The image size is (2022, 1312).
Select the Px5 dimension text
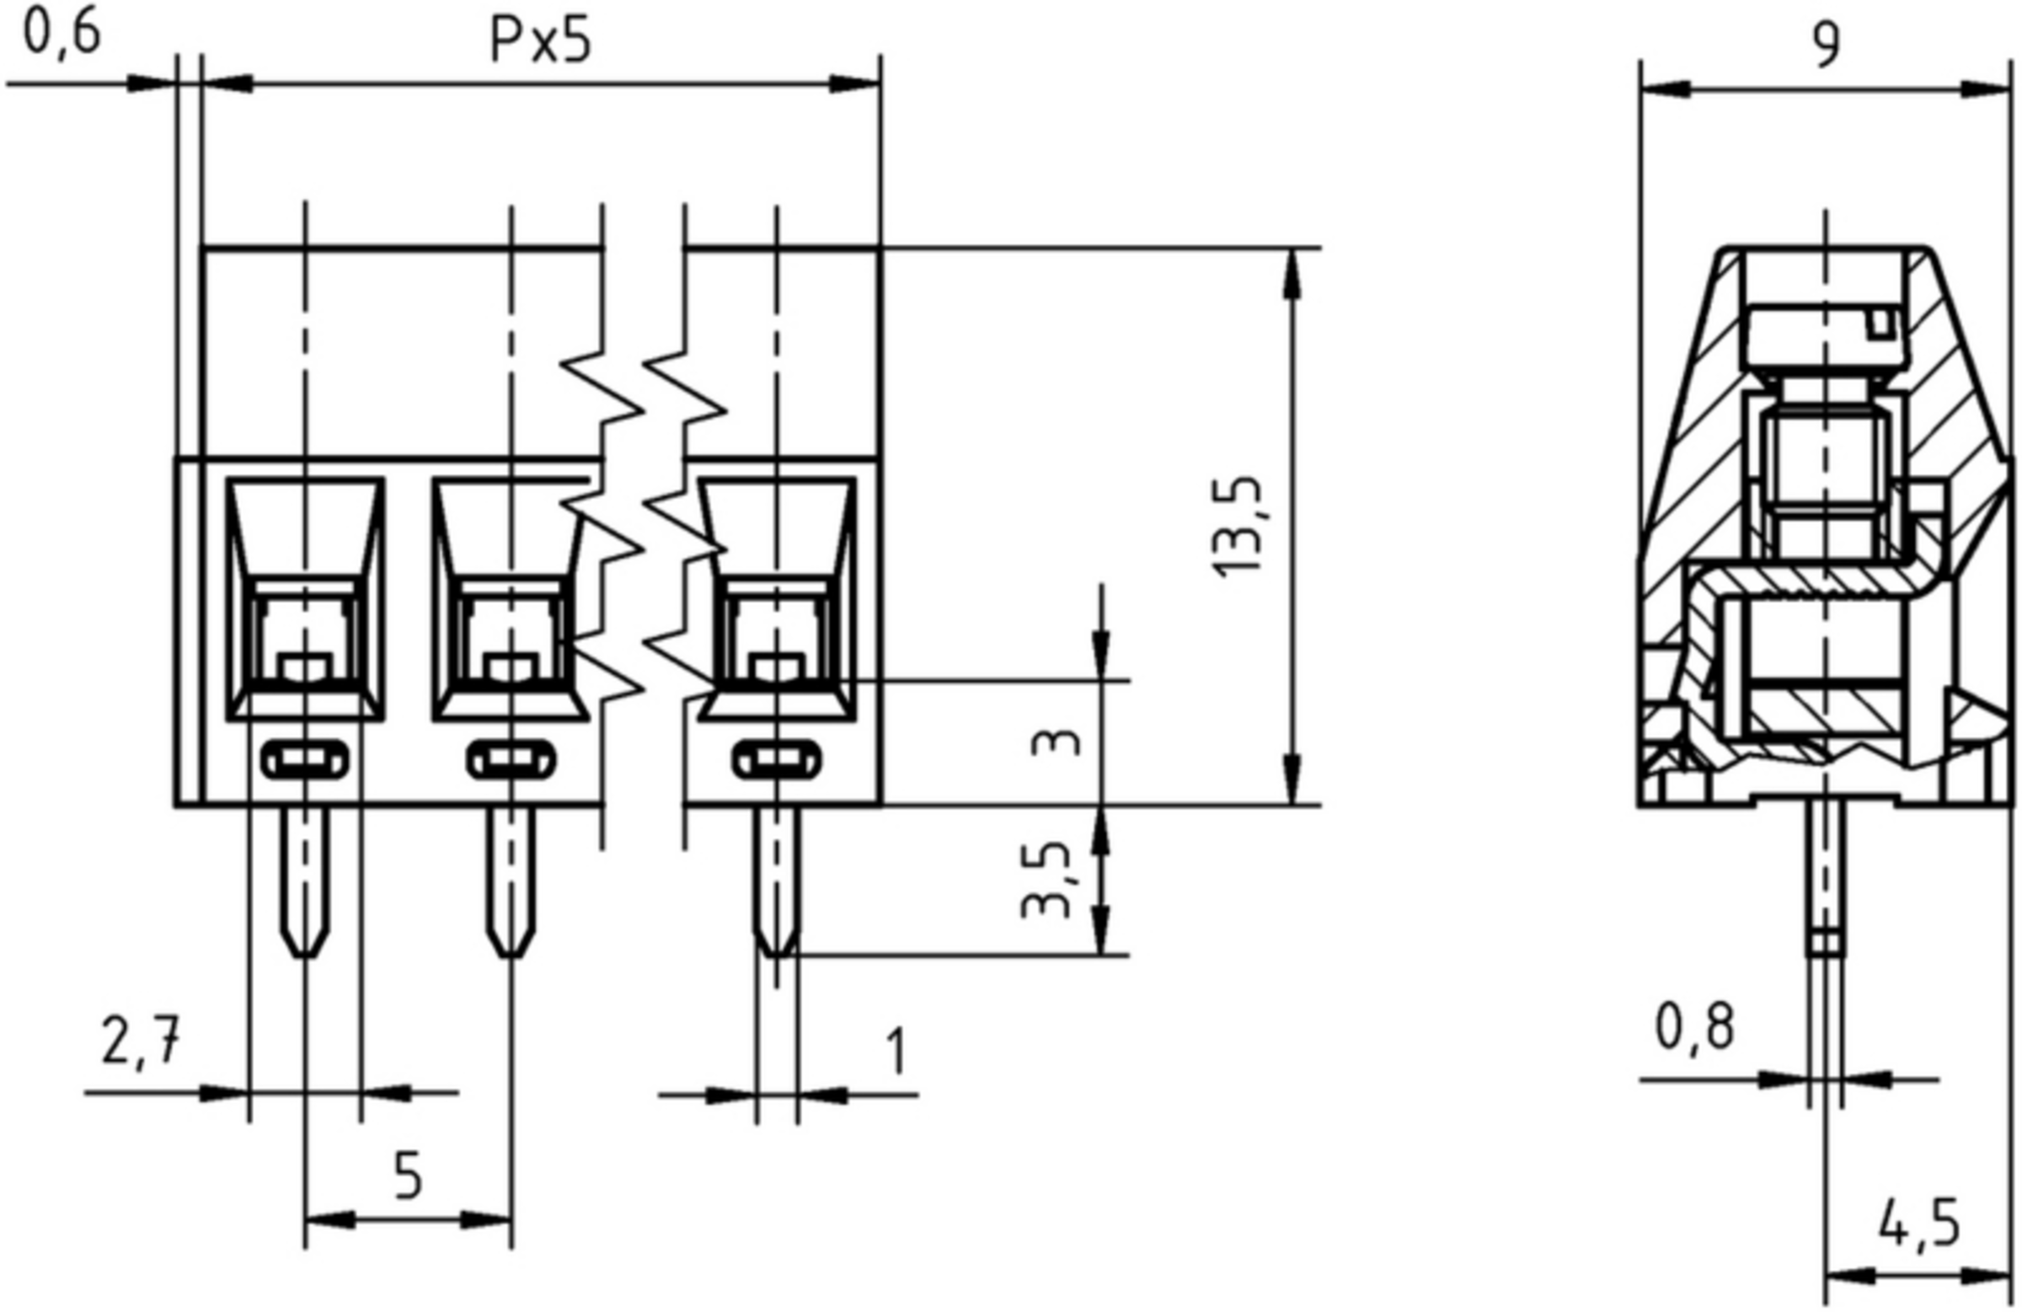[540, 40]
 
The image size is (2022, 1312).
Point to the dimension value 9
[1826, 45]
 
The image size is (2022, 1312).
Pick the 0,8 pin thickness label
[1694, 1028]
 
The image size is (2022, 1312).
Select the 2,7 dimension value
[141, 1042]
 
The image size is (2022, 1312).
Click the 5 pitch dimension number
[409, 1177]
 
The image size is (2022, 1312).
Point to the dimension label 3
[1056, 743]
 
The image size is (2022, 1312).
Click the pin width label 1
[897, 1051]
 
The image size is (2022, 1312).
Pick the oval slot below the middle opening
[511, 759]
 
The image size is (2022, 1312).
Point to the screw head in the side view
[1825, 340]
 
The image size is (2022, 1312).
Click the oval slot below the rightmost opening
[777, 759]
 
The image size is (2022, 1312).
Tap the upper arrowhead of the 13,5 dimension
[1292, 272]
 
